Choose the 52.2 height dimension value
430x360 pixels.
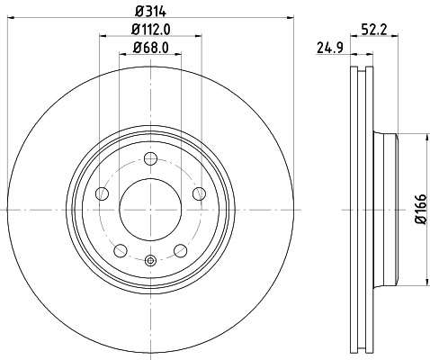coord(374,30)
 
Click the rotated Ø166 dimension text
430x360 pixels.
coord(419,210)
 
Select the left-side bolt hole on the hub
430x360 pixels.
coord(101,194)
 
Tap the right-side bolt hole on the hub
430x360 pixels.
coord(200,194)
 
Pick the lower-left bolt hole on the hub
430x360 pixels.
coord(120,249)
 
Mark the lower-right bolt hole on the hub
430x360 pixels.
coord(181,249)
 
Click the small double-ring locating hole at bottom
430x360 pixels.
coord(150,261)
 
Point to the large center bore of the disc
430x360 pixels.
coord(150,209)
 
